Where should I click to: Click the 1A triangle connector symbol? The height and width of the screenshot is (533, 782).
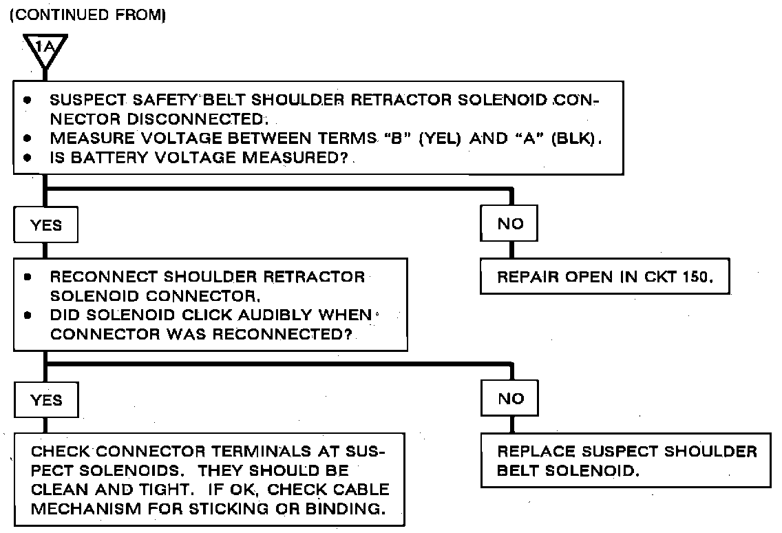tap(44, 49)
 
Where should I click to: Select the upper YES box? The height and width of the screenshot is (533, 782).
tap(46, 225)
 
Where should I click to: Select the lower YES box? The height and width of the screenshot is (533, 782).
tap(46, 400)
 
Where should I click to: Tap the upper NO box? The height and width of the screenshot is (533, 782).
tap(510, 224)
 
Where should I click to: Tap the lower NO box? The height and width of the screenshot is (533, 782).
tap(510, 399)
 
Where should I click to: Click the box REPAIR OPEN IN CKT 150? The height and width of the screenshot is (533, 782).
tap(604, 278)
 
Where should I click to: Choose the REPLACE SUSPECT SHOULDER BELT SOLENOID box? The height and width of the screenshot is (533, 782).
tap(626, 461)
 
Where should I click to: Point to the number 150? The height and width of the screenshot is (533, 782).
tap(693, 278)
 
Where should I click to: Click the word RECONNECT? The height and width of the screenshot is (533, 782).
tap(103, 278)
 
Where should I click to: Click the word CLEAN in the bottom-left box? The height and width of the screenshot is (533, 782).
tap(59, 490)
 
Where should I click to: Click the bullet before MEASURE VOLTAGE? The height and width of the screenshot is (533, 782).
tap(28, 138)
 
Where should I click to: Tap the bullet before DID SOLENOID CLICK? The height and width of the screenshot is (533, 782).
tap(28, 316)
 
